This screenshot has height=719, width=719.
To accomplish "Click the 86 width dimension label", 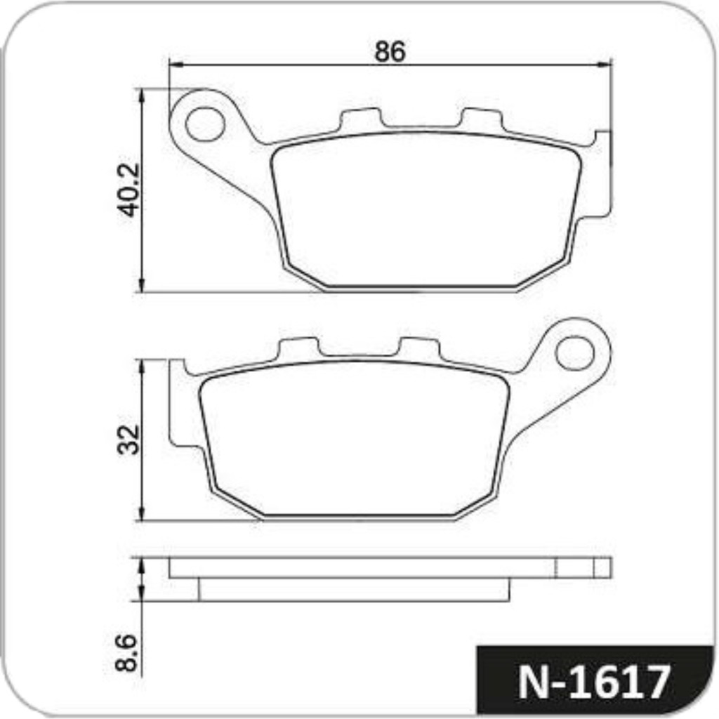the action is pos(390,51).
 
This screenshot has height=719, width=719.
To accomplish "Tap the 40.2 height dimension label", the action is pos(129,189).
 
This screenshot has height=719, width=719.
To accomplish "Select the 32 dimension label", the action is pos(129,440).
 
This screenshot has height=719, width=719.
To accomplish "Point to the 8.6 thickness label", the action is pos(126,653).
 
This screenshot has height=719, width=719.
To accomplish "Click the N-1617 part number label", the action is pos(595,682).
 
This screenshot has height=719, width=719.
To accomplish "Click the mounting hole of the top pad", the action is pos(204,124).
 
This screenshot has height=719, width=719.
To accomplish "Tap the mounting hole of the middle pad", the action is pos(574,352).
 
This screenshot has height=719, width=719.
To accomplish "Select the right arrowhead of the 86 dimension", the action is pos(605,65).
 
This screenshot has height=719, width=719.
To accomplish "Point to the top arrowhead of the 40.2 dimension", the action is pos(142,95).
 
